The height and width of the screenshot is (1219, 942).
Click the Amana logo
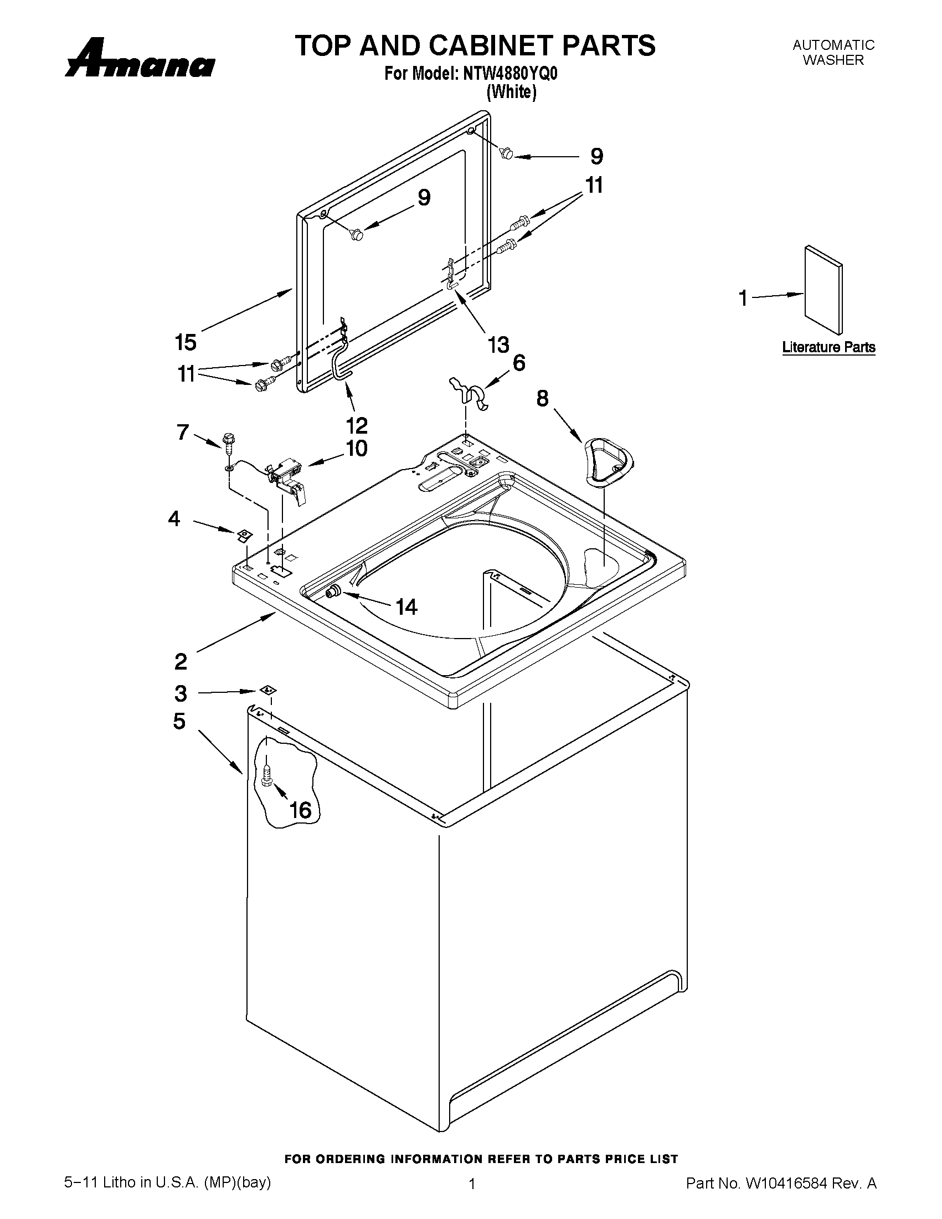[140, 59]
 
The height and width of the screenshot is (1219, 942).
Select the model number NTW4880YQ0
[510, 74]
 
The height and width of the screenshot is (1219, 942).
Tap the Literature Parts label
[828, 347]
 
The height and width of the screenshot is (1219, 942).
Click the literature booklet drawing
[823, 289]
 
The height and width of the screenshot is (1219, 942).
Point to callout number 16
[300, 809]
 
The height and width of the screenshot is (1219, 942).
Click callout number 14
[406, 606]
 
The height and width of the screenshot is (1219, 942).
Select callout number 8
[542, 399]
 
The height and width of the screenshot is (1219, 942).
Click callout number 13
[498, 344]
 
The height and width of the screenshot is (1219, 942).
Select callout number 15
[186, 342]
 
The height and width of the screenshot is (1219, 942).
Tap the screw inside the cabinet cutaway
[266, 775]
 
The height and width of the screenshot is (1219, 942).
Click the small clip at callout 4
[243, 535]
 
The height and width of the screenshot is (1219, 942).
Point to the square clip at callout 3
[269, 691]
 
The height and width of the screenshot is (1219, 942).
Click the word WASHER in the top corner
[833, 60]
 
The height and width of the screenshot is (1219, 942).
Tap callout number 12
[357, 426]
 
